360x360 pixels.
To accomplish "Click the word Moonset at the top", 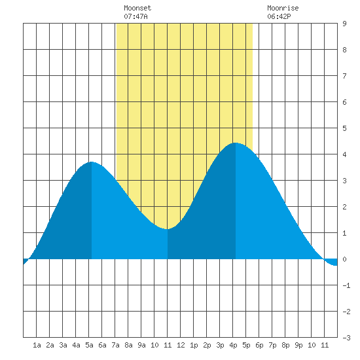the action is pyautogui.click(x=137, y=8).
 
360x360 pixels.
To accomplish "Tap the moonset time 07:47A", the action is pyautogui.click(x=135, y=16).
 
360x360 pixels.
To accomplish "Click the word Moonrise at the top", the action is pyautogui.click(x=283, y=8).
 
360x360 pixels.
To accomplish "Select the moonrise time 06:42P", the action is pyautogui.click(x=279, y=16).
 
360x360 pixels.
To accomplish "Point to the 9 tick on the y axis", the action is pyautogui.click(x=344, y=24).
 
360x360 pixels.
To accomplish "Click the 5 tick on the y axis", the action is pyautogui.click(x=344, y=128).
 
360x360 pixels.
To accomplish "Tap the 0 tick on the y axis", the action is pyautogui.click(x=344, y=259).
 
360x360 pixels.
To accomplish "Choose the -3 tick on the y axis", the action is pyautogui.click(x=346, y=338).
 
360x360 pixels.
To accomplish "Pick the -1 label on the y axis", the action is pyautogui.click(x=346, y=285).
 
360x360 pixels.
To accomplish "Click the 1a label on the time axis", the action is pyautogui.click(x=37, y=345).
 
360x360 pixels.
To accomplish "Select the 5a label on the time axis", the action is pyautogui.click(x=89, y=345).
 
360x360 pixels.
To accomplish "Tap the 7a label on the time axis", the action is pyautogui.click(x=115, y=345).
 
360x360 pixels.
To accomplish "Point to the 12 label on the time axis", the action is pyautogui.click(x=181, y=345).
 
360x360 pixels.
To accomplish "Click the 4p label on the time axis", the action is pyautogui.click(x=233, y=345).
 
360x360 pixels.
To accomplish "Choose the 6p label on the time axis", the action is pyautogui.click(x=259, y=345).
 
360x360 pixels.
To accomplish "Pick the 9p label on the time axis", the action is pyautogui.click(x=298, y=345).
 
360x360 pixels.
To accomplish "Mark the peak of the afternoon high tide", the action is pyautogui.click(x=236, y=143).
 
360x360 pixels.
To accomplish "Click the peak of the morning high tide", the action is pyautogui.click(x=92, y=162).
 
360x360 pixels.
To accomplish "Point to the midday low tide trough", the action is pyautogui.click(x=167, y=229).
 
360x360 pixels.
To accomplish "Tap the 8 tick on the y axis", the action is pyautogui.click(x=344, y=50).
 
